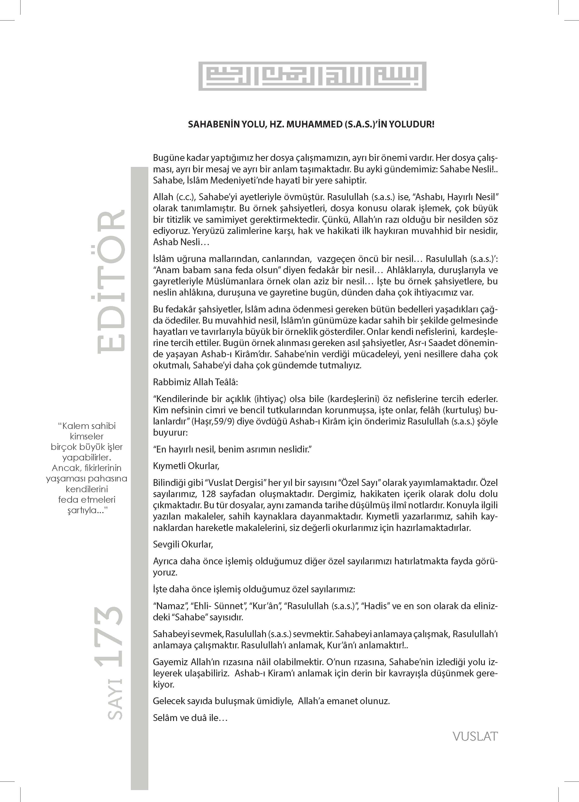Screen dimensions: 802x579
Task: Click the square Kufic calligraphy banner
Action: click(x=312, y=76)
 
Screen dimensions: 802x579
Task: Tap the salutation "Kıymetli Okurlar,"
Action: click(x=186, y=466)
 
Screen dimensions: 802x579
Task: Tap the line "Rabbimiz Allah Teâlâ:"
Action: click(x=195, y=382)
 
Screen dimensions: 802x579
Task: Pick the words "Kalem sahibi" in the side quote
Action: click(x=87, y=426)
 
